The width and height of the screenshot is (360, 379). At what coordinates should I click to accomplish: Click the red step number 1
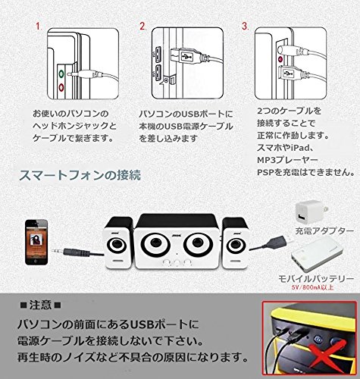39,27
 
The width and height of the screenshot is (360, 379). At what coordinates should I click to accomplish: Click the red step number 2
143,27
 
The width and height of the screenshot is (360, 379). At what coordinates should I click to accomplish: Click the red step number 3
245,27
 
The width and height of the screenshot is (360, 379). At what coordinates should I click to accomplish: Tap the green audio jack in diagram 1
61,74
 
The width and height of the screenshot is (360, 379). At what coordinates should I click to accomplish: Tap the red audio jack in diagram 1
61,87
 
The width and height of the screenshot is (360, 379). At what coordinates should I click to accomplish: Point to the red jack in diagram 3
280,60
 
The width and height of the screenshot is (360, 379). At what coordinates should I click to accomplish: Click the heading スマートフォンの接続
80,175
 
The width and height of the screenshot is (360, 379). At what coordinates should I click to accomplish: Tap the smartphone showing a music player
36,242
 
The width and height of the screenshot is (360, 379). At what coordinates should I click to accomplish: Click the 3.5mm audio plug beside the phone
71,252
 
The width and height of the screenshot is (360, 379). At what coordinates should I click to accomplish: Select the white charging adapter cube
308,213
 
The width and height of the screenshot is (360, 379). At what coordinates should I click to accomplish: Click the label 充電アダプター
324,231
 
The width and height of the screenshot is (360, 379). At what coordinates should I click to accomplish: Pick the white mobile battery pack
317,256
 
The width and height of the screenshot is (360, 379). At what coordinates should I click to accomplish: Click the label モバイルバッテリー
316,279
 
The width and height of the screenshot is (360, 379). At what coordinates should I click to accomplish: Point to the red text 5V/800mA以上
313,287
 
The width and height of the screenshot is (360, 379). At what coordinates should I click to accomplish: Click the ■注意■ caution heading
40,305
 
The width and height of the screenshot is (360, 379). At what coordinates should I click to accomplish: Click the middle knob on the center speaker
177,263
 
